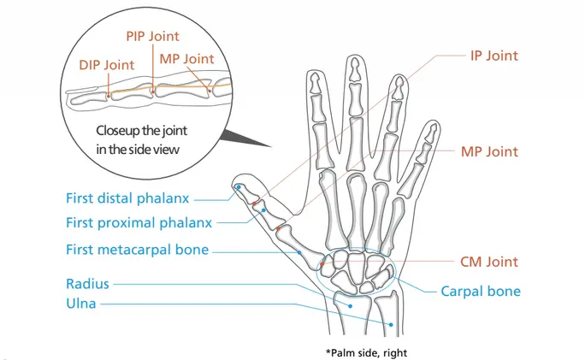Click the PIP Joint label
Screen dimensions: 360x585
click(x=152, y=36)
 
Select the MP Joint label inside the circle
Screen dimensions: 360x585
click(x=186, y=59)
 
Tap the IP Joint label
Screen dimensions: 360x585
click(x=494, y=56)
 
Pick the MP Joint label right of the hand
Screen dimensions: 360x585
click(x=489, y=151)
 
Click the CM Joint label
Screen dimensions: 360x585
click(x=489, y=262)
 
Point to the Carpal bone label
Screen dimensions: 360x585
click(x=481, y=291)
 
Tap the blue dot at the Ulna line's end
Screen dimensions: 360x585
click(x=391, y=323)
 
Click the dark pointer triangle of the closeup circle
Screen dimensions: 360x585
click(x=244, y=137)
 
